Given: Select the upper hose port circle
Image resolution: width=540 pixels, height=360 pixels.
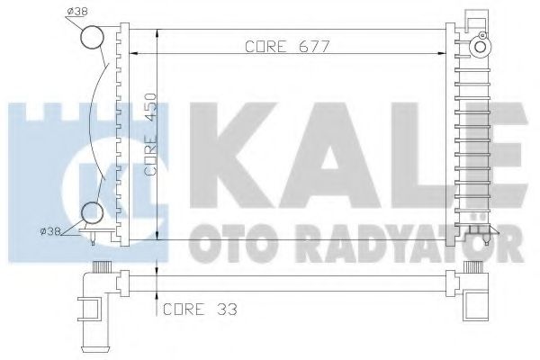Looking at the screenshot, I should click(93, 38).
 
